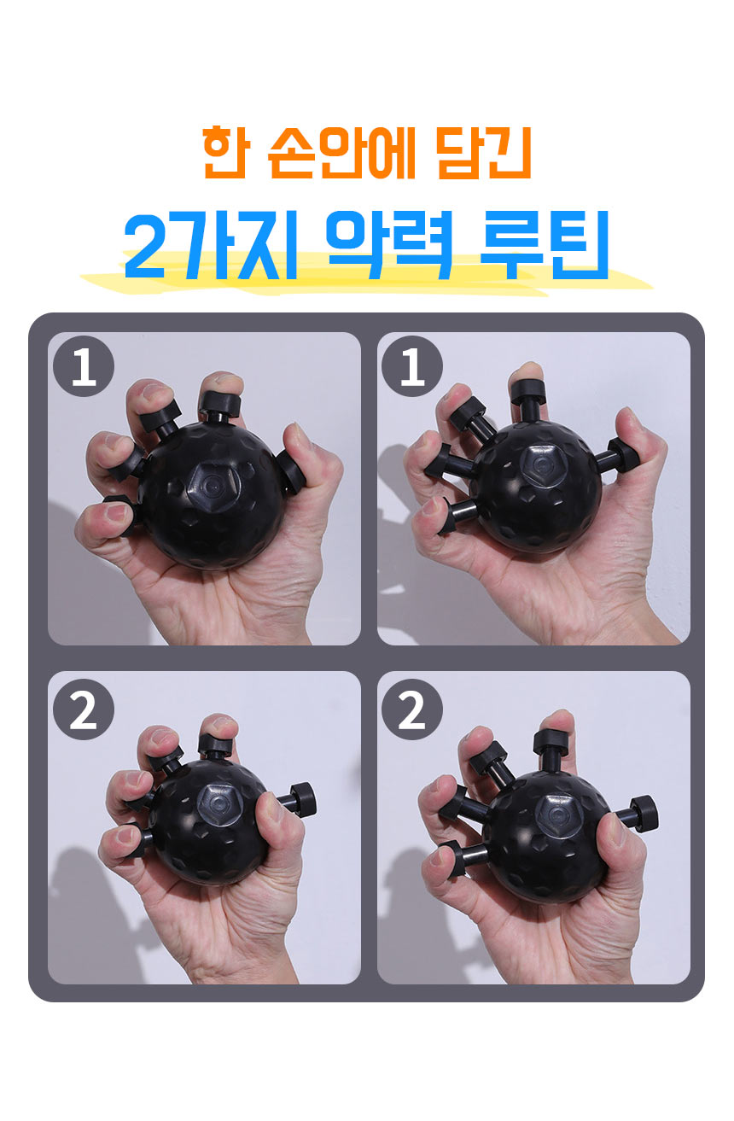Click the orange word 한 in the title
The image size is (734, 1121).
tap(224, 152)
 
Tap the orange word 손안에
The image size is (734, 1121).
tap(341, 152)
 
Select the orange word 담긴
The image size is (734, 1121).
tap(483, 152)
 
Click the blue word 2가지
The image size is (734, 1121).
tap(211, 244)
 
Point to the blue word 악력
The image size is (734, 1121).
tap(390, 244)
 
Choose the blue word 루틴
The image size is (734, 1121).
tap(545, 244)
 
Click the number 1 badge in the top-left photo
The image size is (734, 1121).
tap(84, 366)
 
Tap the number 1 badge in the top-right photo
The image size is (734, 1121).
tap(411, 366)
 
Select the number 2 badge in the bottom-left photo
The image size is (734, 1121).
tap(84, 709)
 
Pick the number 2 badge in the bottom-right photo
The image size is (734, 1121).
tap(411, 709)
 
